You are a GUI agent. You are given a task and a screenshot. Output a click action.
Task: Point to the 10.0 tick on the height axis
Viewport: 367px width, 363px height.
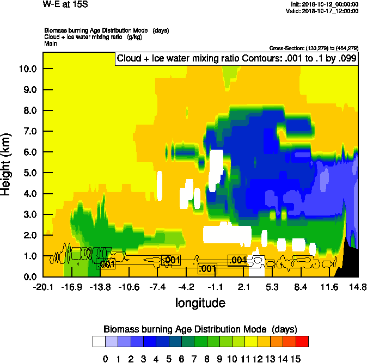pyautogui.click(x=28, y=69)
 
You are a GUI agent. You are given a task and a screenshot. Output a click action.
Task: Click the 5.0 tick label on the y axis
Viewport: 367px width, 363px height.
pyautogui.click(x=28, y=173)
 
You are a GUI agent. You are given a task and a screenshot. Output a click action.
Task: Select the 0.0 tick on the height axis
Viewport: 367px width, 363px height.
pyautogui.click(x=28, y=277)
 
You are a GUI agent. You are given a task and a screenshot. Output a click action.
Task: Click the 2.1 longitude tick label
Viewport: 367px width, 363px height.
pyautogui.click(x=244, y=287)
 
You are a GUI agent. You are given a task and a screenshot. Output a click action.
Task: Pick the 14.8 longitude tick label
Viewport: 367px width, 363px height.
pyautogui.click(x=358, y=287)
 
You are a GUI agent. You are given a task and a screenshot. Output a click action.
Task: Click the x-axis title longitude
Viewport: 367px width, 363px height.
pyautogui.click(x=200, y=302)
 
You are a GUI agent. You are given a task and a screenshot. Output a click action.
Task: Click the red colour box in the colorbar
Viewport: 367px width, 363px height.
pyautogui.click(x=303, y=341)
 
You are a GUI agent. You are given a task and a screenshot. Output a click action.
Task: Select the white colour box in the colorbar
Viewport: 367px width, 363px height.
pyautogui.click(x=99, y=341)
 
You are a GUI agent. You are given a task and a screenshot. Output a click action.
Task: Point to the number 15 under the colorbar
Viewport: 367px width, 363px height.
pyautogui.click(x=296, y=358)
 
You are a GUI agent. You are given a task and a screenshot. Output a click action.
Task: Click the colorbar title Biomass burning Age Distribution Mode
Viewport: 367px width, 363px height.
pyautogui.click(x=200, y=329)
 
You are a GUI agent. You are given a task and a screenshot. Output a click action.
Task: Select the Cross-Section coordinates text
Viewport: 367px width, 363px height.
pyautogui.click(x=314, y=48)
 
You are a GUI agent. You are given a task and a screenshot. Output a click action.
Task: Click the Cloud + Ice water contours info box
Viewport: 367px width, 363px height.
pyautogui.click(x=236, y=58)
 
